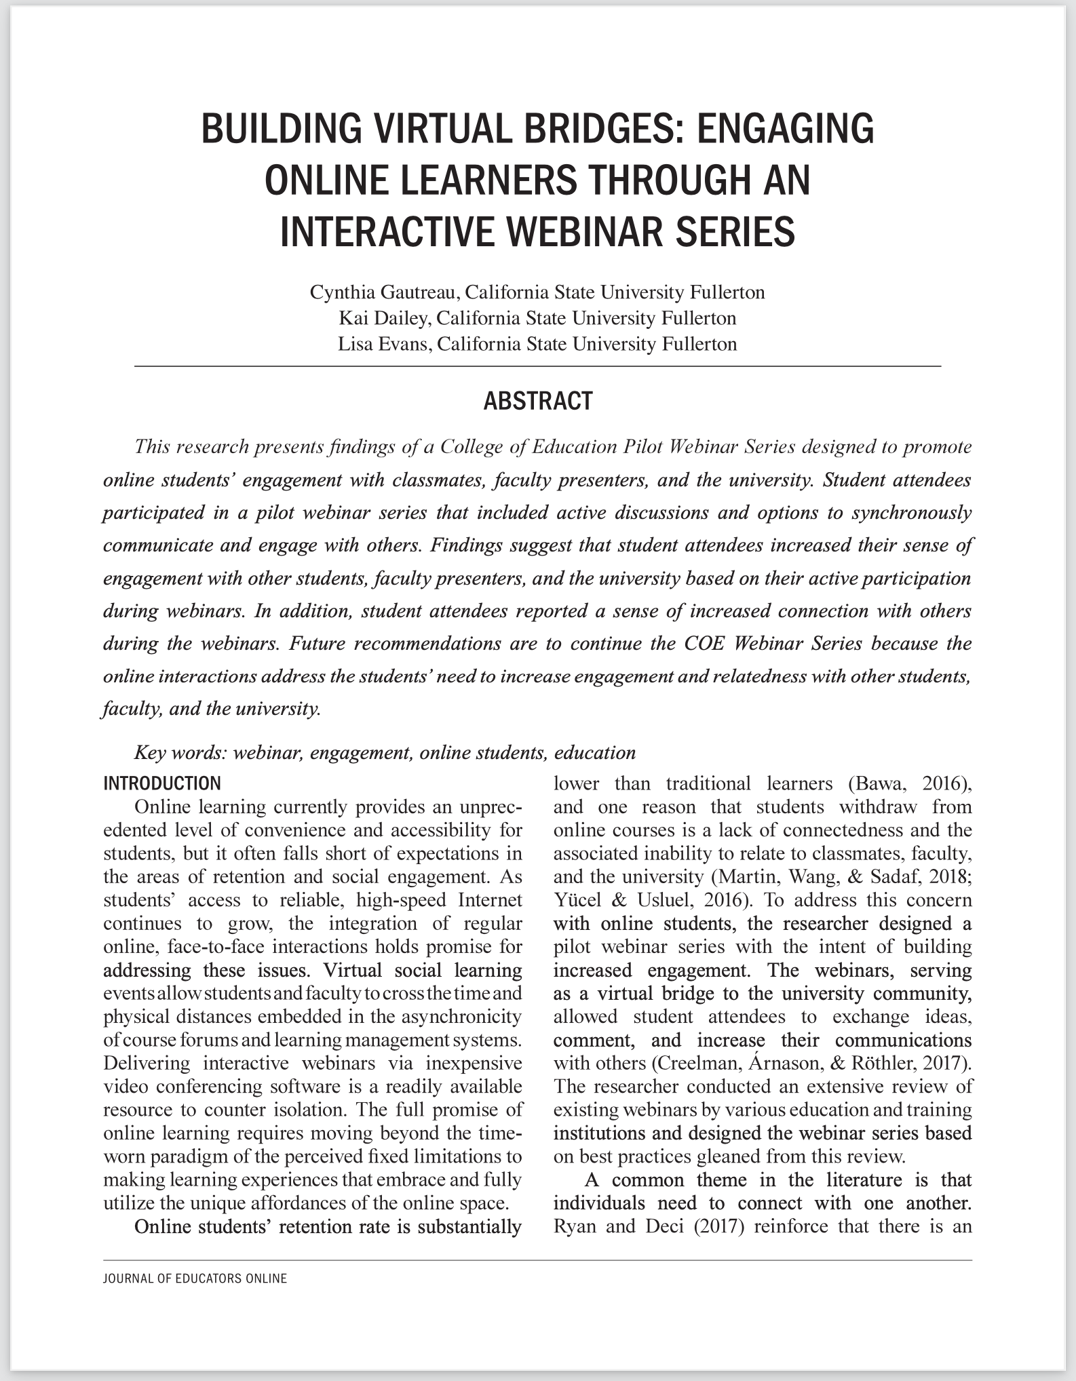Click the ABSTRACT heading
537,401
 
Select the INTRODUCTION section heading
161,783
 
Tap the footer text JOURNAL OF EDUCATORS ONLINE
195,1279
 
